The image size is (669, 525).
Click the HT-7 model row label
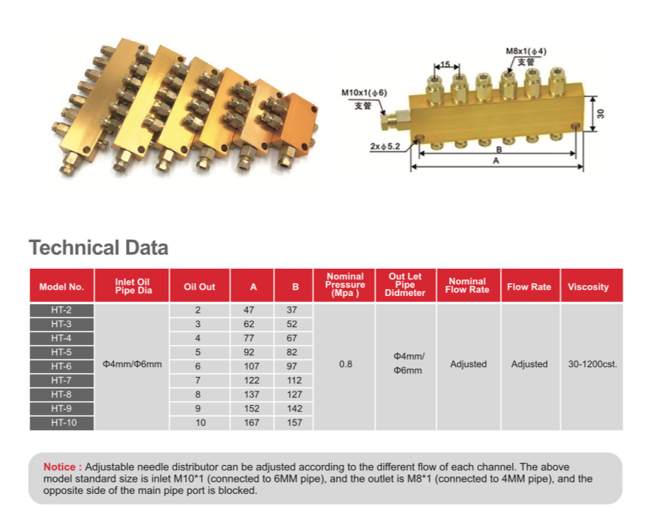[x=61, y=380]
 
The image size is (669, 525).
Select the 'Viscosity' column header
[x=588, y=287]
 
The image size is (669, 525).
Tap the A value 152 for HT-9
[x=252, y=408]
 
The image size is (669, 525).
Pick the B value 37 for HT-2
[x=292, y=310]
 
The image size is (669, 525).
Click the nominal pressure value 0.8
[x=346, y=364]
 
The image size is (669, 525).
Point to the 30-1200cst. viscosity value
[x=592, y=364]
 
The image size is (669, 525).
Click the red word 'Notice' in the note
[x=60, y=467]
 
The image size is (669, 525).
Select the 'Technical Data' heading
[x=99, y=247]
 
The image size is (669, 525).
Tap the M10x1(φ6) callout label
[x=364, y=93]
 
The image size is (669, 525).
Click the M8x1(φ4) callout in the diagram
[x=526, y=52]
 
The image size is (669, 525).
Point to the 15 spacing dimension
[x=446, y=64]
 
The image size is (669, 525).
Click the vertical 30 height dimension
[x=601, y=114]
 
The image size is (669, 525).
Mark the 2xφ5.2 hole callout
[x=385, y=146]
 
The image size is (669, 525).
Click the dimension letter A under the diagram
[x=496, y=161]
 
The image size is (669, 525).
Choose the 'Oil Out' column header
[x=199, y=287]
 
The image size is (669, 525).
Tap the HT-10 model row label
[x=64, y=423]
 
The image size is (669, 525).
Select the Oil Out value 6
[x=197, y=366]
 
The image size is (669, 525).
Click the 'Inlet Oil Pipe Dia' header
[x=132, y=286]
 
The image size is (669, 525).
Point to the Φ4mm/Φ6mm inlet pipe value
[x=132, y=364]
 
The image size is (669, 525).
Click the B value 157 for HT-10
[x=294, y=423]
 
